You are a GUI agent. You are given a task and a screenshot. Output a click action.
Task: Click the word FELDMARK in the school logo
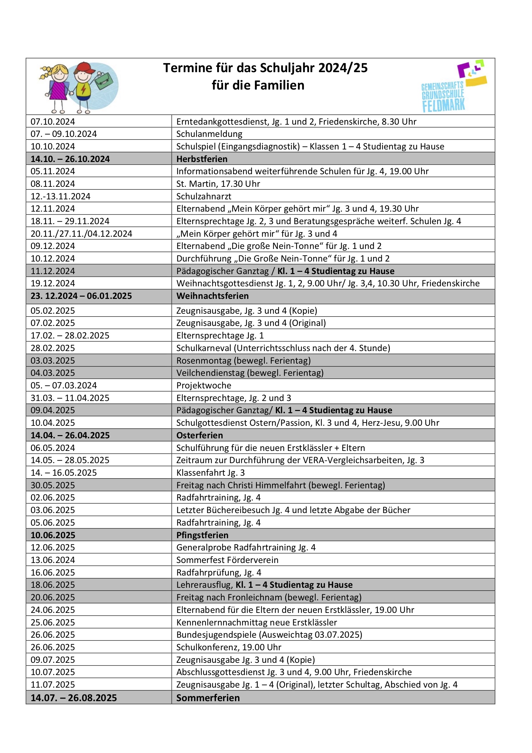tap(443, 106)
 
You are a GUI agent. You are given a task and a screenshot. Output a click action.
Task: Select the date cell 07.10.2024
tap(53, 122)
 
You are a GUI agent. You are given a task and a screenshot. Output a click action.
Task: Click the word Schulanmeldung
tap(209, 134)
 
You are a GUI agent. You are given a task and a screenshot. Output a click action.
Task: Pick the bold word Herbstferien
tap(201, 159)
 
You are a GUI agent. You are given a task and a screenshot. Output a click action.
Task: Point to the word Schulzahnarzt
tap(203, 196)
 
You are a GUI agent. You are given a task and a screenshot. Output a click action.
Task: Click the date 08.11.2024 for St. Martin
tap(53, 184)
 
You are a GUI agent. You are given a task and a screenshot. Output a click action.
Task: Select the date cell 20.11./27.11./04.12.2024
tap(81, 234)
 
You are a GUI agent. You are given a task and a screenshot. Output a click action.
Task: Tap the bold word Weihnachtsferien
tap(212, 296)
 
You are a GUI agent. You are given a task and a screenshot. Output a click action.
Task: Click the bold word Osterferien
tap(199, 435)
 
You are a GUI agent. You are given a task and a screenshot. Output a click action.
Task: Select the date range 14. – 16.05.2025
tap(64, 472)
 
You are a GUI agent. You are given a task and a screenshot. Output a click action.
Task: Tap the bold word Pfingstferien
tap(202, 535)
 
